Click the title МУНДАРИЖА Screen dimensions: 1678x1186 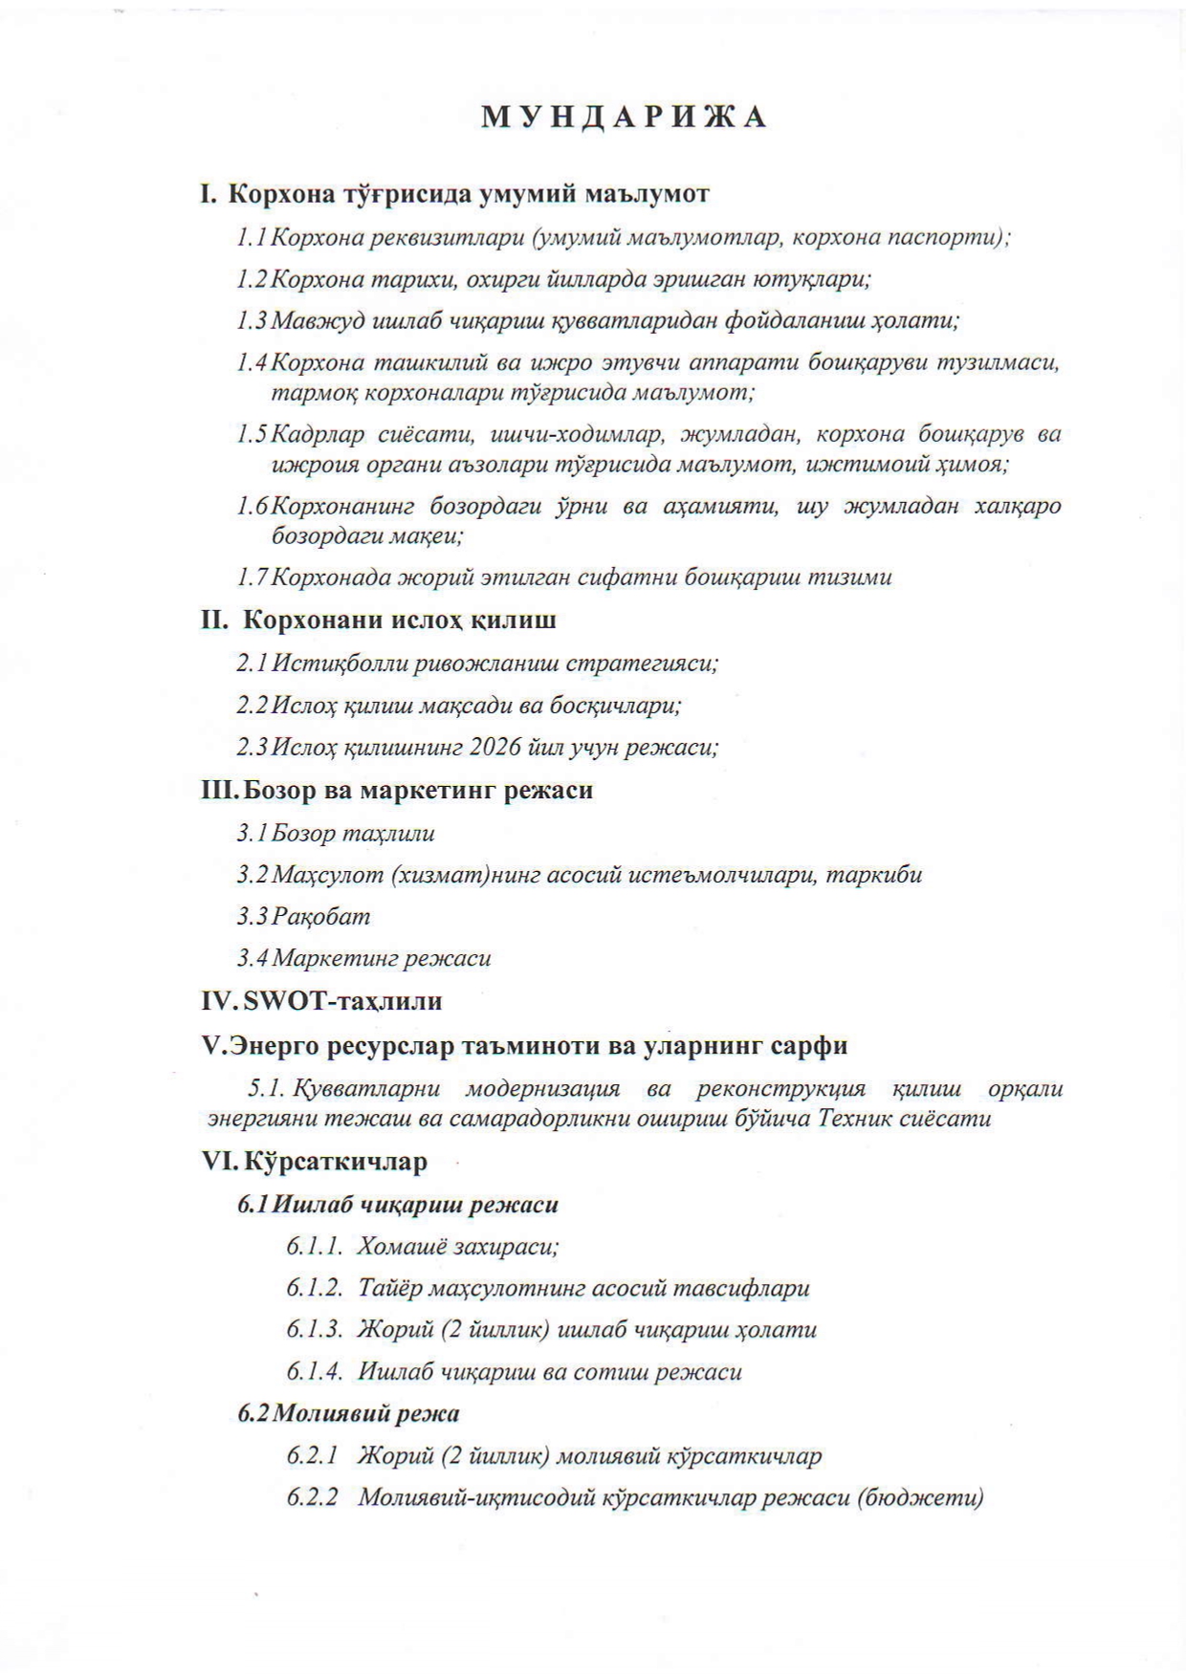(624, 117)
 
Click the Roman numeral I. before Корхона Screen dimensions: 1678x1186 (209, 194)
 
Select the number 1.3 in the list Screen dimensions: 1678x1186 (252, 320)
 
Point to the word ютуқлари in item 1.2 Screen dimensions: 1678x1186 (824, 279)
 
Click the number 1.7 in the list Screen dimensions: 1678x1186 (252, 577)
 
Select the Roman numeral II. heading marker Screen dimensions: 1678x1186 (213, 621)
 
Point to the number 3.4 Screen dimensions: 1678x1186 (253, 958)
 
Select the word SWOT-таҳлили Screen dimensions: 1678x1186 (343, 1002)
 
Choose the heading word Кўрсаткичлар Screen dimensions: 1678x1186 (335, 1162)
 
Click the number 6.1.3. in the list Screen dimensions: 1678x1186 (314, 1330)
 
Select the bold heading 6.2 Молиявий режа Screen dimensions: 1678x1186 (349, 1413)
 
